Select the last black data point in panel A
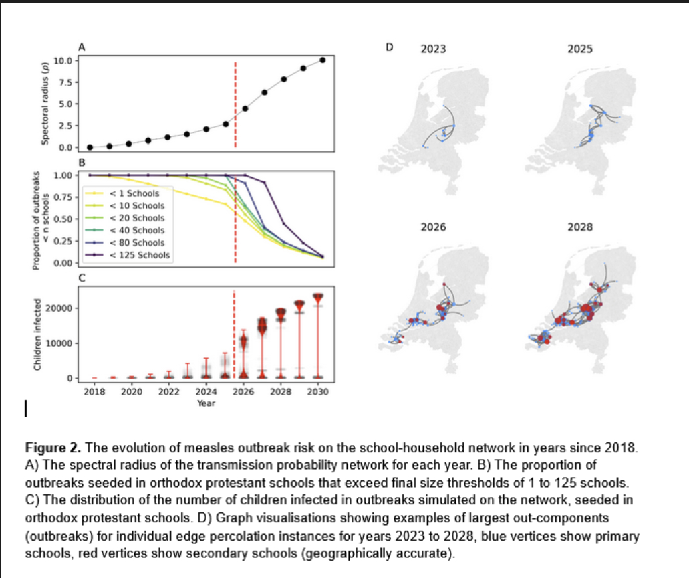[x=323, y=60]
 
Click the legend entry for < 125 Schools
[x=139, y=255]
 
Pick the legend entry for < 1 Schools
[x=134, y=193]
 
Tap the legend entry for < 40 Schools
[x=136, y=230]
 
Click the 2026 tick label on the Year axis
[x=243, y=392]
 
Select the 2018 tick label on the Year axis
[x=93, y=392]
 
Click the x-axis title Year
[x=206, y=403]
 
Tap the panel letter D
[x=391, y=47]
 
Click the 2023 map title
[x=434, y=49]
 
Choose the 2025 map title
[x=579, y=49]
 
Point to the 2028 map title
[x=579, y=228]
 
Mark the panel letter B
[x=82, y=163]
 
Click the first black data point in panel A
[x=90, y=147]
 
